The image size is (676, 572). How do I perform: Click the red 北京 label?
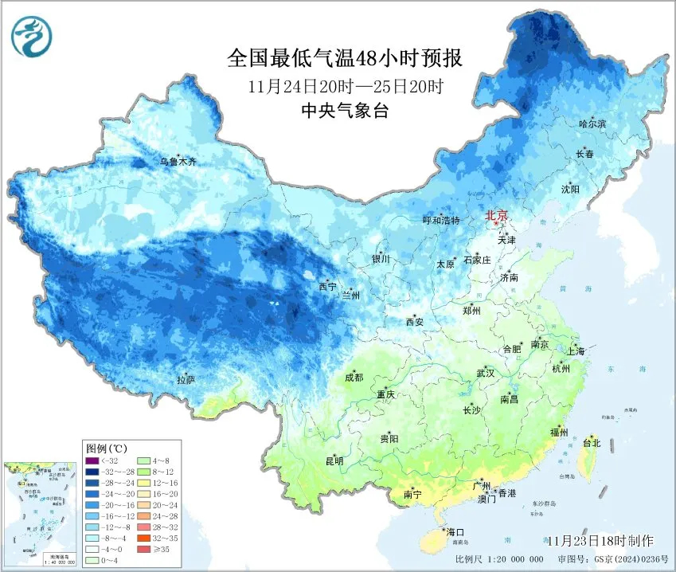(497, 215)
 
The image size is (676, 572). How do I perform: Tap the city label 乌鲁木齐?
(178, 162)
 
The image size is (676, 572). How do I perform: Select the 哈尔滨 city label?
(592, 123)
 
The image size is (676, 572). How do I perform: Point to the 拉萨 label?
(186, 380)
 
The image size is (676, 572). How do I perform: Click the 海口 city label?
(455, 531)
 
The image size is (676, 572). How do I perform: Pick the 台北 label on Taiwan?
(592, 441)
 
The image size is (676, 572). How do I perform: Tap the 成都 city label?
(354, 378)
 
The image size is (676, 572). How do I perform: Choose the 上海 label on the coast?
(576, 351)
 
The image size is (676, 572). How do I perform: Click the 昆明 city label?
(333, 461)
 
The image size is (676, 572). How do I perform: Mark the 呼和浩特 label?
(440, 221)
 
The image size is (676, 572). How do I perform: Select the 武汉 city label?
(485, 373)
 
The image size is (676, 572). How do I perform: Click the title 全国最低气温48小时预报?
(345, 58)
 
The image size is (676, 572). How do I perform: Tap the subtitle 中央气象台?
(346, 112)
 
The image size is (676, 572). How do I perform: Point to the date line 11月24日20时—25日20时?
(345, 86)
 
